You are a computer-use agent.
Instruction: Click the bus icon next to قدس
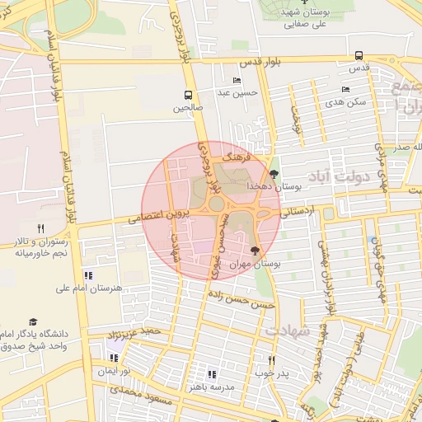click(358, 56)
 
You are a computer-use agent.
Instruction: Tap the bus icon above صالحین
click(188, 94)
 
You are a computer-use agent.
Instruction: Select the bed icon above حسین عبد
click(237, 81)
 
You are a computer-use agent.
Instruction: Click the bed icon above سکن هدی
click(345, 89)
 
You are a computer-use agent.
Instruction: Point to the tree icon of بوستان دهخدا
click(274, 174)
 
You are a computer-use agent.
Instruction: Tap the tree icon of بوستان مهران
click(253, 250)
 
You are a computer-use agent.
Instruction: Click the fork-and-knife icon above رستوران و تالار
click(40, 228)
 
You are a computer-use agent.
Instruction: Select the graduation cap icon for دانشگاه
click(33, 322)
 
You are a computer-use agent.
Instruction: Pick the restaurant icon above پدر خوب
click(271, 360)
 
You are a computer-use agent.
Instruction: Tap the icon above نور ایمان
click(114, 358)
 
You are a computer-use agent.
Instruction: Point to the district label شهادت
click(287, 330)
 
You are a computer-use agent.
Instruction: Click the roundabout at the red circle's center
click(216, 203)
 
